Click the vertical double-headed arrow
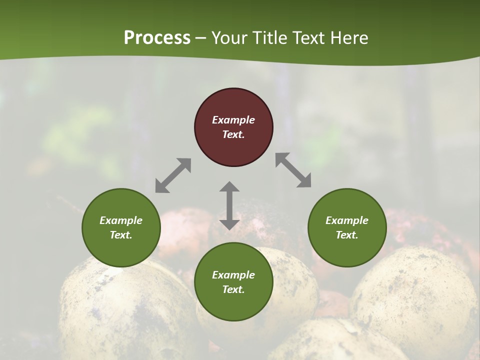229,205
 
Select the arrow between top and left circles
173,175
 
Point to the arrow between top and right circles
293,170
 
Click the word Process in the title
157,38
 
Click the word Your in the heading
228,38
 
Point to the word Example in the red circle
233,120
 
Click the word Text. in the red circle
233,134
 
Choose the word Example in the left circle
121,220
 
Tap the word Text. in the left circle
121,235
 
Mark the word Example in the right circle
347,220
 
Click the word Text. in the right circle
347,235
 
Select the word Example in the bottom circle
233,275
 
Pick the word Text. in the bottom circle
233,289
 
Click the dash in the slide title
201,38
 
